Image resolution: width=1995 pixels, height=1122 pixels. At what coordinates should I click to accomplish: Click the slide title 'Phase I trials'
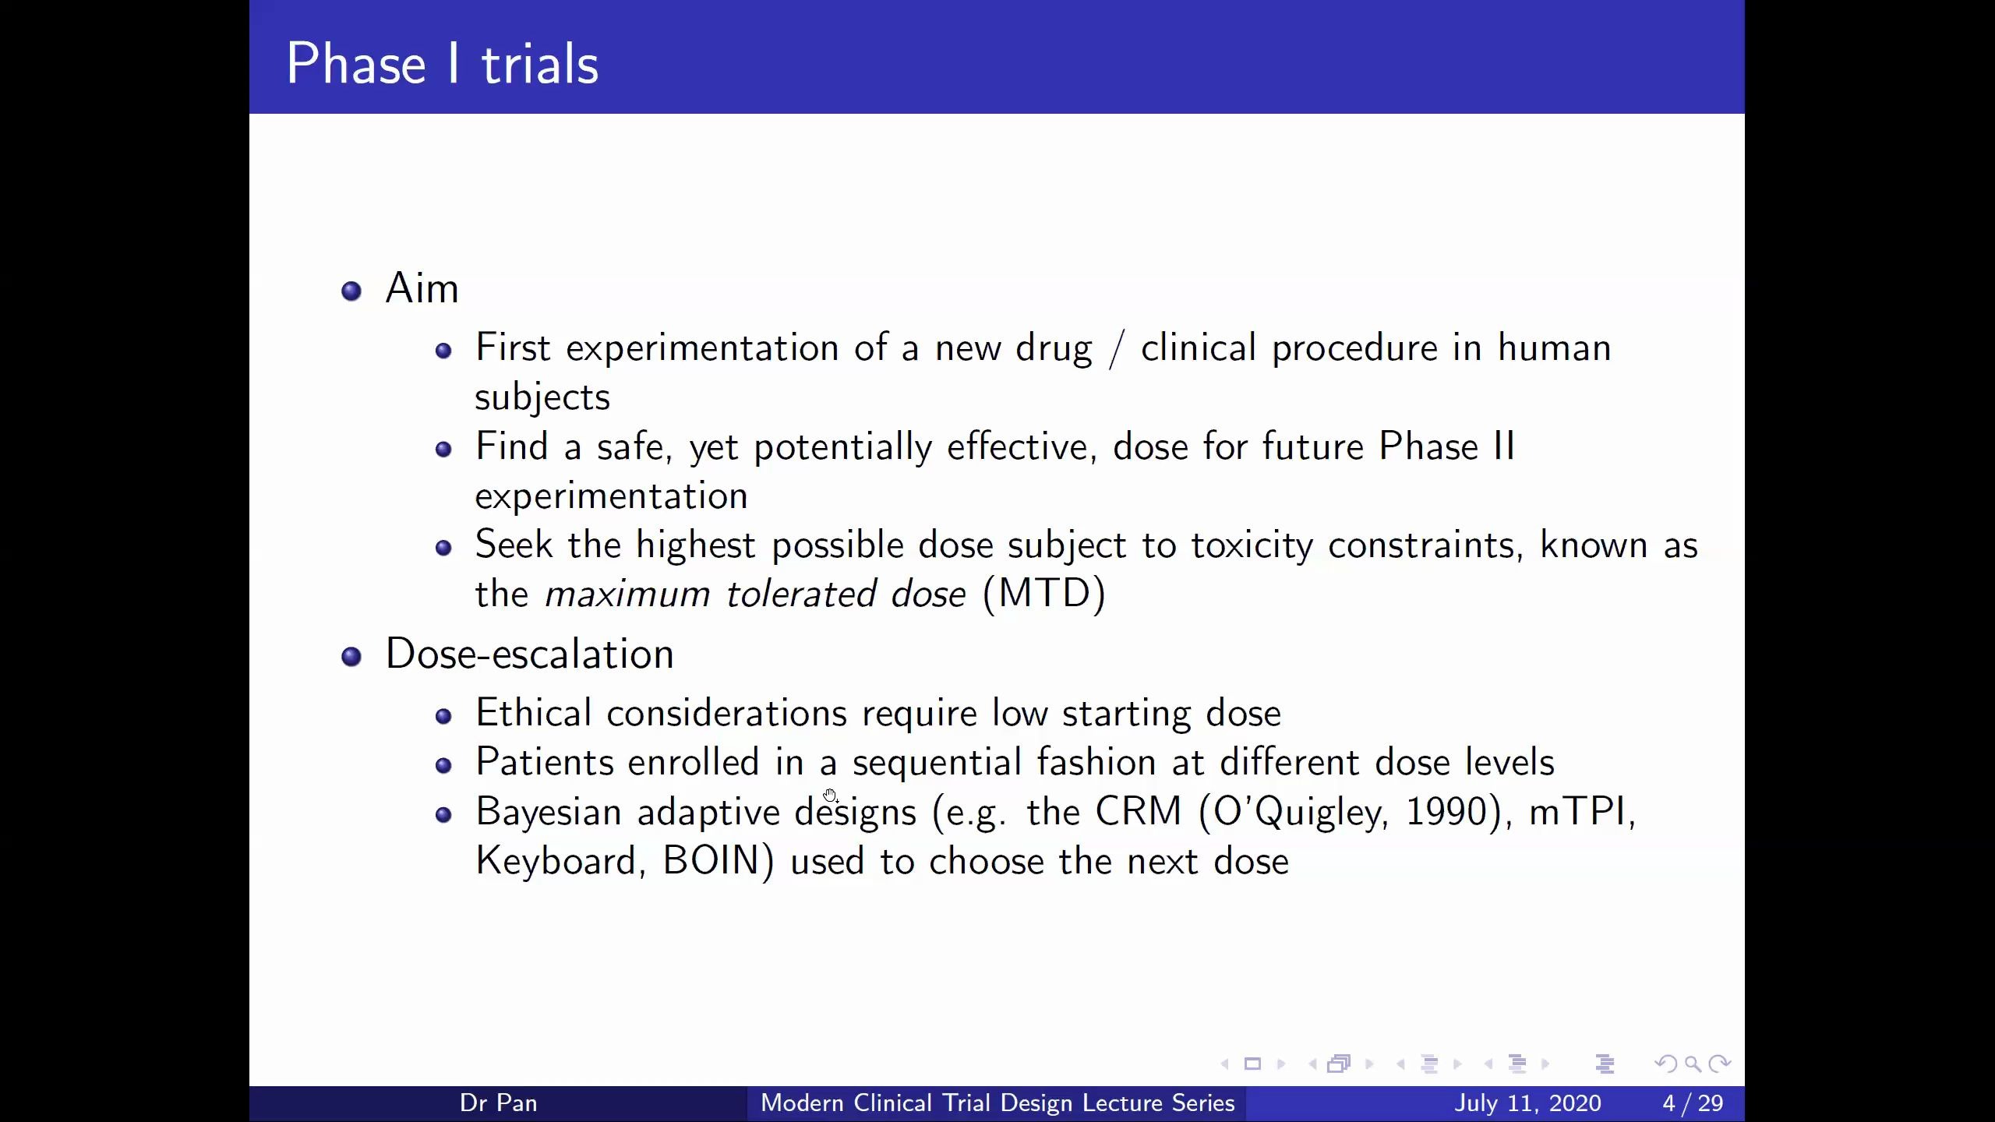tap(443, 64)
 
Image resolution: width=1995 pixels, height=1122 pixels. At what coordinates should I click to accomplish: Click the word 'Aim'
tap(422, 288)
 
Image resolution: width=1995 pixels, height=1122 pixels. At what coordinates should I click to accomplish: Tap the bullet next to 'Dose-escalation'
tap(351, 657)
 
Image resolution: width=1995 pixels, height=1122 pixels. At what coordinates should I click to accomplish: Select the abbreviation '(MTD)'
tap(1043, 594)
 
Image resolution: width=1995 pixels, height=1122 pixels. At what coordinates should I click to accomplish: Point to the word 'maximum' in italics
tap(627, 595)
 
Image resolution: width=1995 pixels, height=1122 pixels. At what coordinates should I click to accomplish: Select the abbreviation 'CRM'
tap(1138, 812)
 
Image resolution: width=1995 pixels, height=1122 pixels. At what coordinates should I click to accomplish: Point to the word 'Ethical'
tap(533, 713)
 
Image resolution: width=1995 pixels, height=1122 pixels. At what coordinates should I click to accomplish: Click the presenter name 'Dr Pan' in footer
tap(499, 1103)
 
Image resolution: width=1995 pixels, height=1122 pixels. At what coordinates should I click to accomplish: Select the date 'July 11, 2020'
tap(1527, 1103)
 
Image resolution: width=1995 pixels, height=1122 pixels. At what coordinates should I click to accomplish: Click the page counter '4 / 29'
tap(1693, 1103)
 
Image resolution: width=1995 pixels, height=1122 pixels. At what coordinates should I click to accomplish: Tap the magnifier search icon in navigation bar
tap(1693, 1064)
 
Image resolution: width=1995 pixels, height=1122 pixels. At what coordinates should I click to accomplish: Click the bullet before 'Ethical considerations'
tap(443, 716)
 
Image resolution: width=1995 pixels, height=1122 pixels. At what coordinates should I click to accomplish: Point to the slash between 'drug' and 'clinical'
tap(1117, 348)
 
